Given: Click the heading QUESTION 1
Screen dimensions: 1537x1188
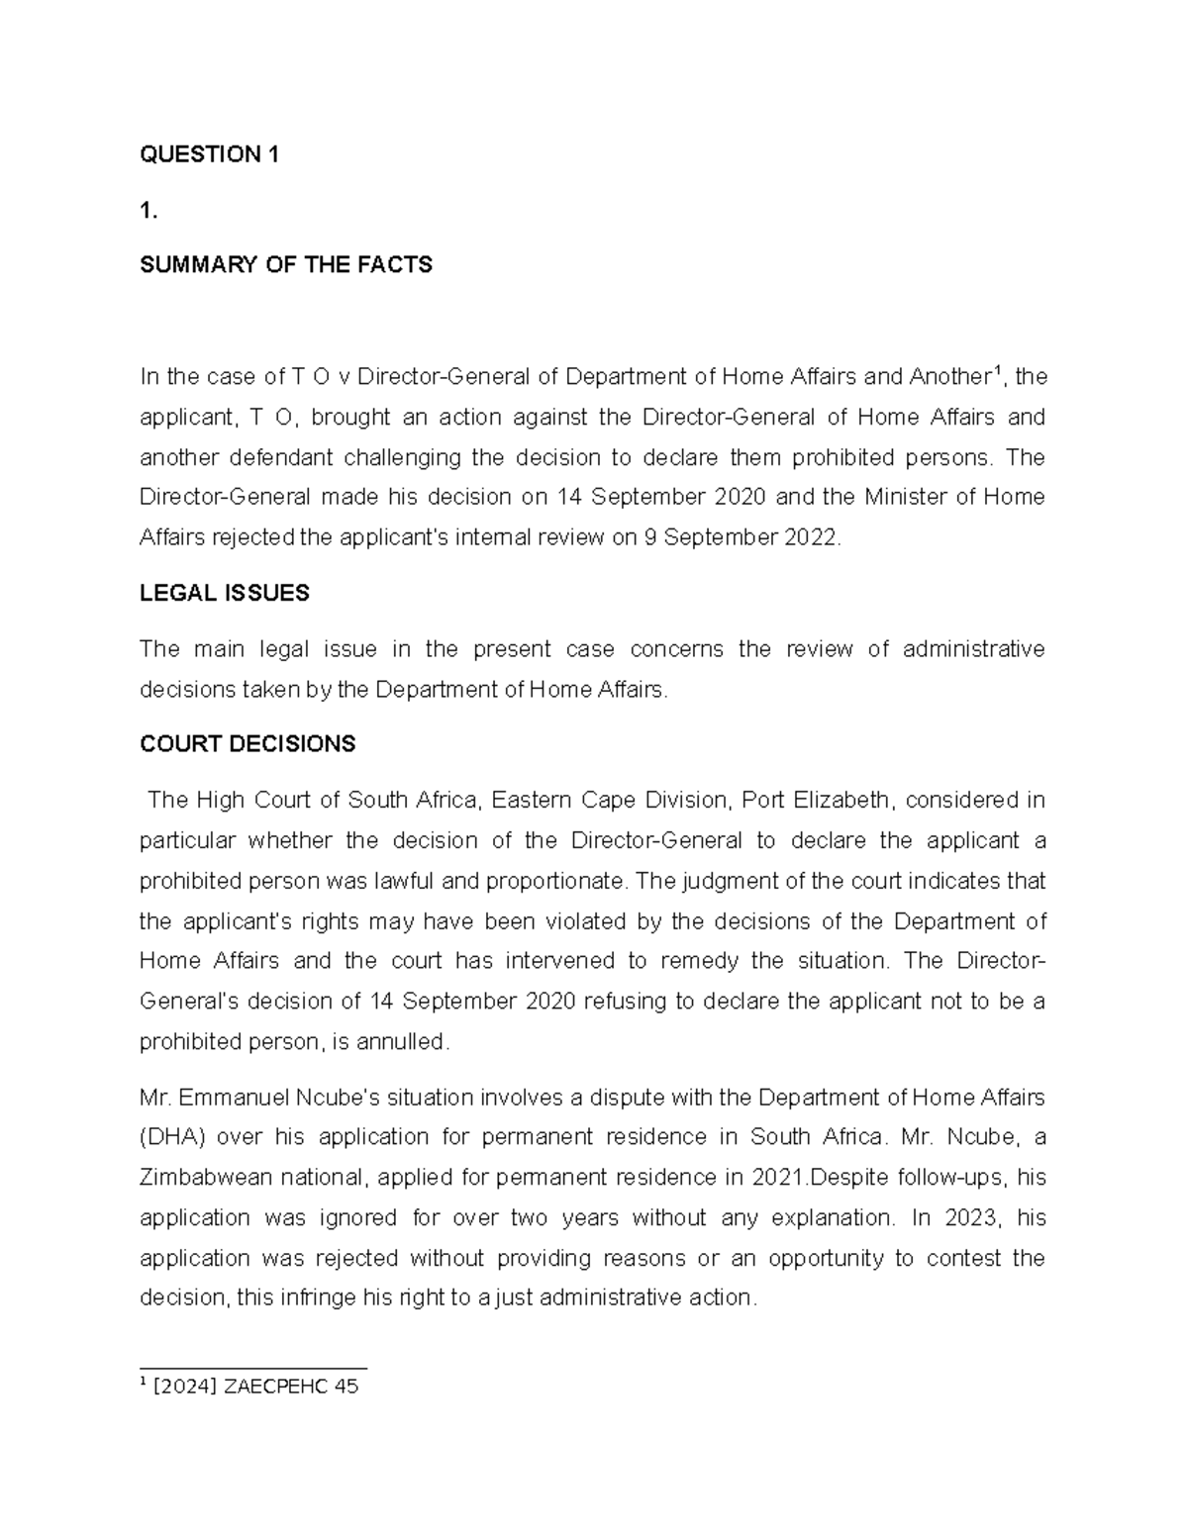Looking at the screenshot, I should click(209, 154).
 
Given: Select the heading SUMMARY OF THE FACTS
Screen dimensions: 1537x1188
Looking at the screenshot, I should click(286, 265).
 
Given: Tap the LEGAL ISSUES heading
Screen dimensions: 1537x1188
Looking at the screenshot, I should click(224, 593).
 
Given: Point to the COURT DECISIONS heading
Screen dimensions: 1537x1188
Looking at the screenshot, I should click(247, 744).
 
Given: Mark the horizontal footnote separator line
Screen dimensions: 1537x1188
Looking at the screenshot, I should click(253, 1369).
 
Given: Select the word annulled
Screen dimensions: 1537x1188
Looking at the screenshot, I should click(406, 1042).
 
